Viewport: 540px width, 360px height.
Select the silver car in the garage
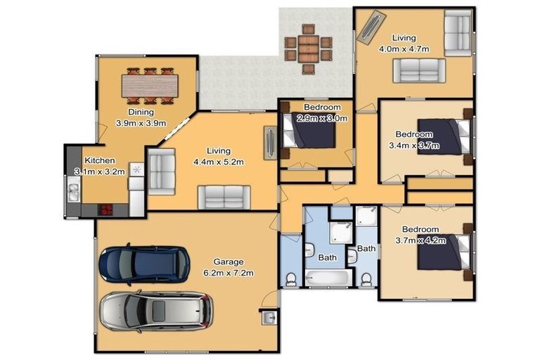click(x=155, y=310)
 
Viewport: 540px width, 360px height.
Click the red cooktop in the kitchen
click(x=105, y=210)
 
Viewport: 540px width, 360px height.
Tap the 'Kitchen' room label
click(x=99, y=160)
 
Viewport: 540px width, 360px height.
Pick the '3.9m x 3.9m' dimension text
click(x=141, y=123)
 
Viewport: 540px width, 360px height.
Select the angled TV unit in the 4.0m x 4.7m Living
click(x=371, y=27)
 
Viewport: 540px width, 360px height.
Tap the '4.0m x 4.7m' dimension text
click(x=404, y=49)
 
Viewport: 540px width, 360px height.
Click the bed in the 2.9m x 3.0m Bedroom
click(x=309, y=131)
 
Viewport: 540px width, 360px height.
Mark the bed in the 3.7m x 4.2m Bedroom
click(x=442, y=252)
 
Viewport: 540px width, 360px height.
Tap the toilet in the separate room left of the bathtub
click(x=290, y=279)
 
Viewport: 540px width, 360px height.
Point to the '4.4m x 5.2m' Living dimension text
click(x=219, y=162)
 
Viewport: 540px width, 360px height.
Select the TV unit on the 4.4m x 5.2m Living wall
click(x=269, y=143)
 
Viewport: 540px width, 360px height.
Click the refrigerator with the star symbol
click(x=137, y=169)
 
